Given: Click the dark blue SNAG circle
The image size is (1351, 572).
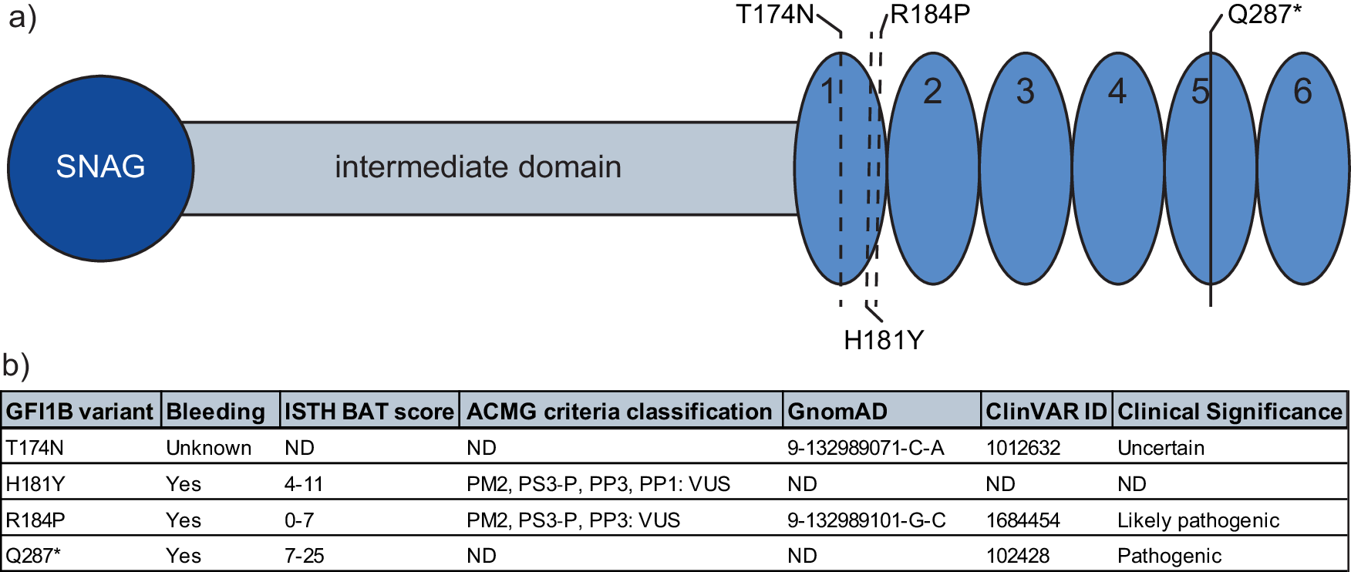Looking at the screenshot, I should (x=100, y=168).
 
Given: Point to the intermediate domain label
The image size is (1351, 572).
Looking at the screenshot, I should (x=477, y=167).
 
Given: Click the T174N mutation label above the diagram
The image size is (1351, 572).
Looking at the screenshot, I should (x=774, y=15).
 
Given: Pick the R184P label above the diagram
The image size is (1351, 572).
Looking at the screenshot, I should (x=930, y=15).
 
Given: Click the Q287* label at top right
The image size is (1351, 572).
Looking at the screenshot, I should (x=1264, y=15).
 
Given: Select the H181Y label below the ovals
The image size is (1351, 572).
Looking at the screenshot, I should (x=884, y=340).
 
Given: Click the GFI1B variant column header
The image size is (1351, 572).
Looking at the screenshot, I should (x=80, y=412).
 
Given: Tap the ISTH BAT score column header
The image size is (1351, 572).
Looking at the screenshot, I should (x=369, y=412).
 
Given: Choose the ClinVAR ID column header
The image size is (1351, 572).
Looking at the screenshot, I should (x=1046, y=412).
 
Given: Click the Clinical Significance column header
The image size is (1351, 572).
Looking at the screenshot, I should (x=1230, y=412).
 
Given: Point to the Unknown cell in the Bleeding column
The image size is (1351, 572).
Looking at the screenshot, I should (x=208, y=448).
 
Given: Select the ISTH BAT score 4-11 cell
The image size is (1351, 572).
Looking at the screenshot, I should (x=304, y=484).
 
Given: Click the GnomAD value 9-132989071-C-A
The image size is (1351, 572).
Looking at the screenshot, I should (x=865, y=448).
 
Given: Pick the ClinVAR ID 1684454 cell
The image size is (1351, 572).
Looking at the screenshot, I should (x=1023, y=520).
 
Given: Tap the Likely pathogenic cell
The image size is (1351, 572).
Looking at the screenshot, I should (x=1198, y=520).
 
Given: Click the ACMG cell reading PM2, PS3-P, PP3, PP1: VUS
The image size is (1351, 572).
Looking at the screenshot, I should (x=598, y=484).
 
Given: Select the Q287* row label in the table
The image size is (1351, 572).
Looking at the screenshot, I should (x=33, y=556).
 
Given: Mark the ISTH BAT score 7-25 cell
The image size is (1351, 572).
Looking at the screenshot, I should (x=305, y=556).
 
